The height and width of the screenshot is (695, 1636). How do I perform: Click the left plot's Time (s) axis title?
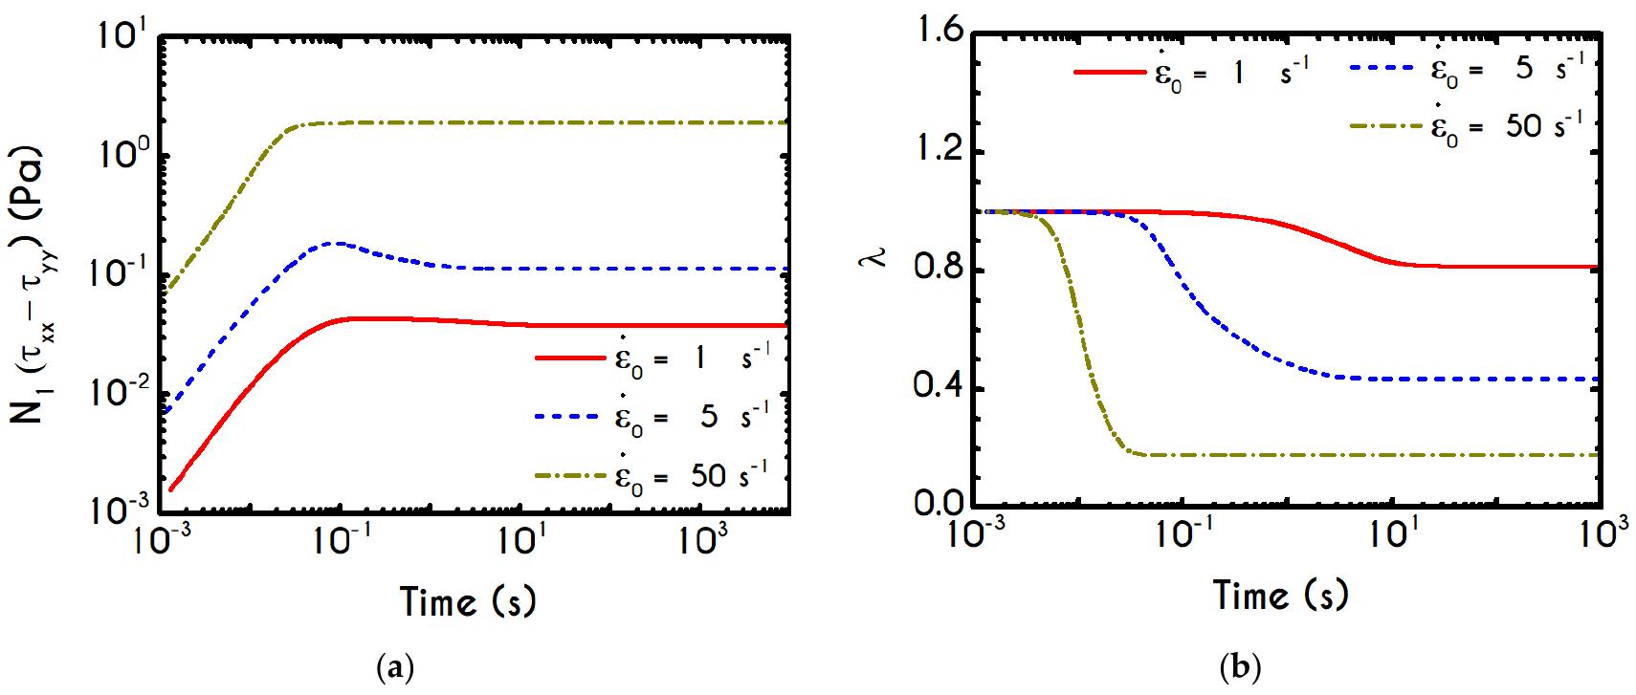pyautogui.click(x=467, y=602)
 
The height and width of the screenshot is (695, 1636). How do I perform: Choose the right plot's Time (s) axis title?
pyautogui.click(x=1281, y=595)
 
